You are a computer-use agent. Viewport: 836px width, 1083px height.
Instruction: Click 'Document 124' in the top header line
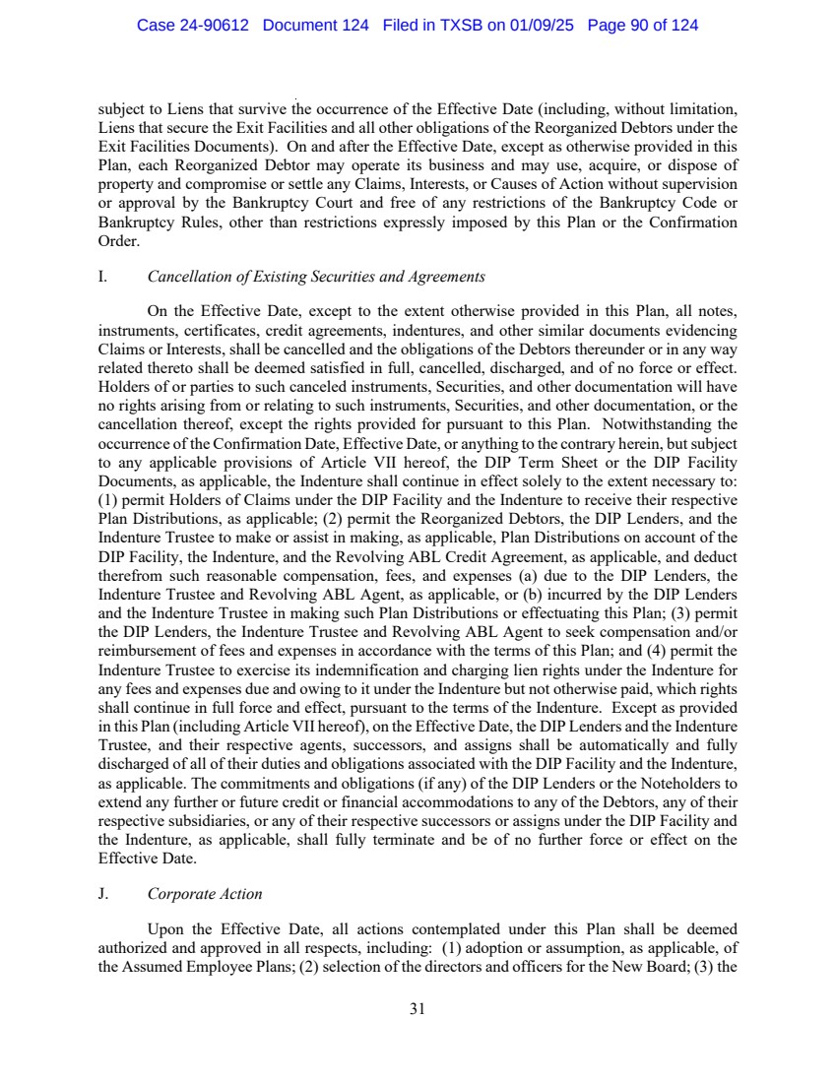pos(316,26)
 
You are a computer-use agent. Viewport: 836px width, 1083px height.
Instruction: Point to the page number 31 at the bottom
pos(418,1008)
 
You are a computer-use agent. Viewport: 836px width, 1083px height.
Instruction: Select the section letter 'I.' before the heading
pos(102,277)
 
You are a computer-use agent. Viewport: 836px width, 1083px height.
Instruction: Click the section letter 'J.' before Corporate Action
pos(103,894)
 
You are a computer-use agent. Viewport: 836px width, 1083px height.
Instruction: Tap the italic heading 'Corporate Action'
pos(205,894)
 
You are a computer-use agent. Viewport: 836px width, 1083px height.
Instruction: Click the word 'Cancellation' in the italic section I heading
pos(188,277)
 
